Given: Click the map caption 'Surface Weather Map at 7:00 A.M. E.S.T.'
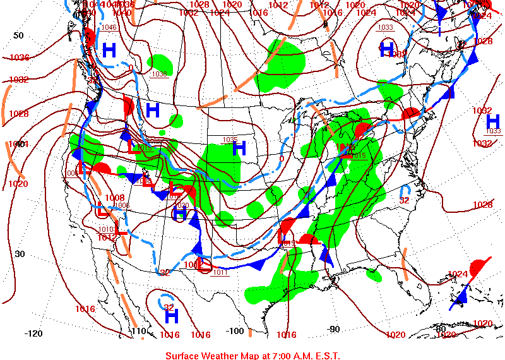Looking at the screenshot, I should (x=252, y=356).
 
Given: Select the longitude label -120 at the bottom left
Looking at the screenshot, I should (x=33, y=333).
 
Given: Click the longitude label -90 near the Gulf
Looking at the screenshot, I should (x=333, y=328).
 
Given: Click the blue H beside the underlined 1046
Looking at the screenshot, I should (x=109, y=51).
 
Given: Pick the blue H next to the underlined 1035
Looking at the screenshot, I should (x=239, y=149).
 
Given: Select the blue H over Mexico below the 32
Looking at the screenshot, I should (x=171, y=316).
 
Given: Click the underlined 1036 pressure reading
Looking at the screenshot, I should (x=159, y=74).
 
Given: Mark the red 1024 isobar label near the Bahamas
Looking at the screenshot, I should (x=458, y=274).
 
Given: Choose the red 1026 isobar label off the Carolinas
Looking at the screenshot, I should (x=482, y=205).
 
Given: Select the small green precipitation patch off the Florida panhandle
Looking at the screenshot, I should (x=374, y=275).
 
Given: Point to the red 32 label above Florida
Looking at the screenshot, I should (x=405, y=200).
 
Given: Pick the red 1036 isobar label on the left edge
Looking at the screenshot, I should (x=19, y=57).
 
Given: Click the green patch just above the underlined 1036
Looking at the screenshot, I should (x=160, y=63).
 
